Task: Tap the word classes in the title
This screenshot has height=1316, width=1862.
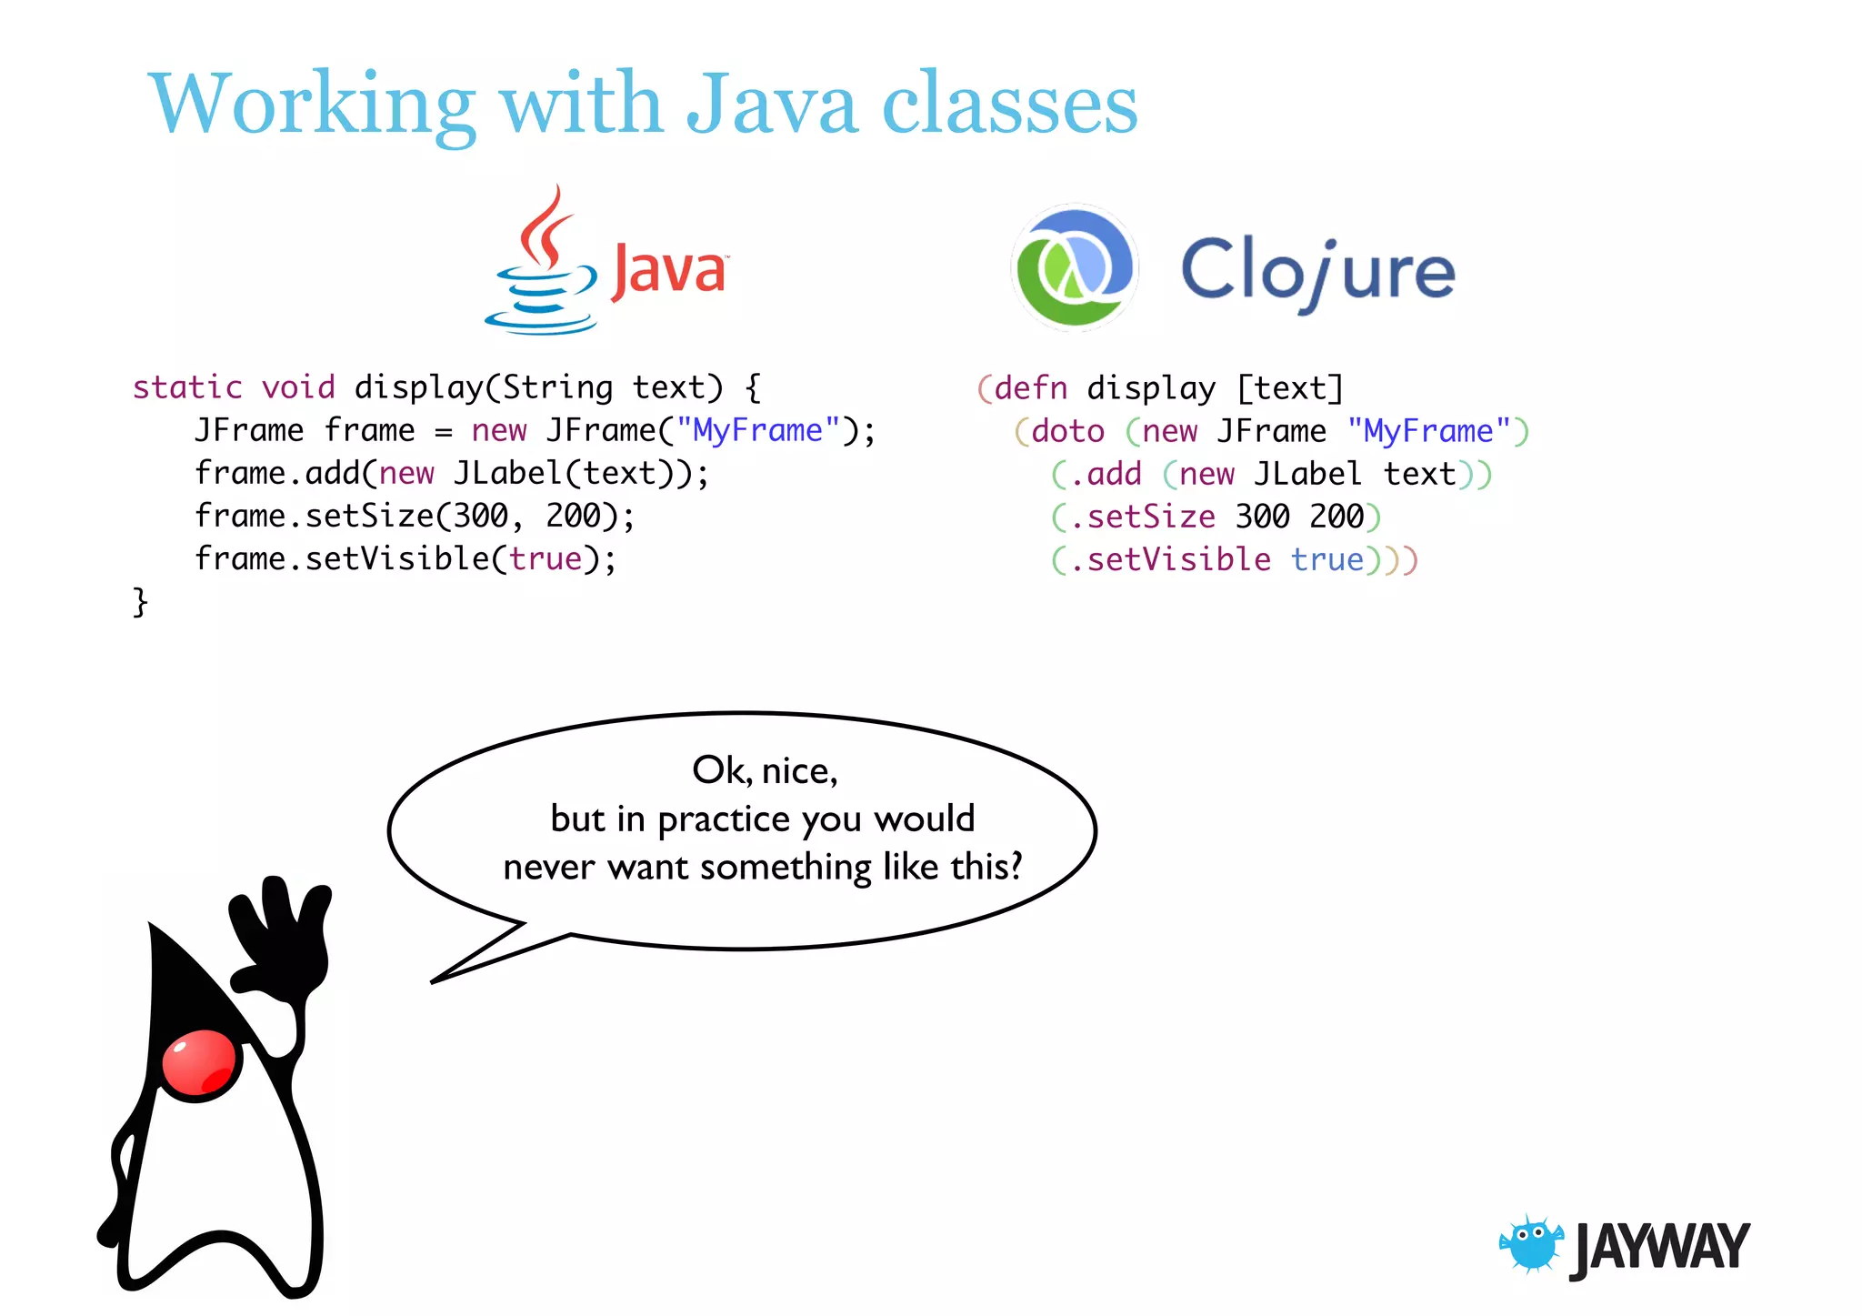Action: tap(1009, 105)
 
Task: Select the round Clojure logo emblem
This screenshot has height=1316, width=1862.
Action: tap(1075, 267)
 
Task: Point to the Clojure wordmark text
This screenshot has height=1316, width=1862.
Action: tap(1317, 271)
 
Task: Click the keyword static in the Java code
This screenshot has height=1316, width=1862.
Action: tap(187, 387)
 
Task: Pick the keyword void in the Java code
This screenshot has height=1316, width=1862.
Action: tap(298, 387)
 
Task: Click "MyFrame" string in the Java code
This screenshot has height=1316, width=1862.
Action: tap(758, 430)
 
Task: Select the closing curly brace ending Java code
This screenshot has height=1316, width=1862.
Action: tap(140, 602)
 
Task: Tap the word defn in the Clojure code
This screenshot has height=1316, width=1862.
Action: tap(1031, 388)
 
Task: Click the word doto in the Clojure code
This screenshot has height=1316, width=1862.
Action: tap(1067, 431)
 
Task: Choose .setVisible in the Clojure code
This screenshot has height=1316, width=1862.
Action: tap(1170, 559)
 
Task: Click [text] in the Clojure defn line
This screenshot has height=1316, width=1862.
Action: tap(1290, 388)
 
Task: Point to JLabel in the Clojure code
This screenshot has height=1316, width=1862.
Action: tap(1307, 474)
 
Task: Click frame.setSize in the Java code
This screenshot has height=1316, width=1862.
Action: tap(315, 516)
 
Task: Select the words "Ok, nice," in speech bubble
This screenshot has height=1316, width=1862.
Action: tap(764, 770)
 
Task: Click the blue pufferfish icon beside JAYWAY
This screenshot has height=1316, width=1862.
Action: tap(1532, 1243)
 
